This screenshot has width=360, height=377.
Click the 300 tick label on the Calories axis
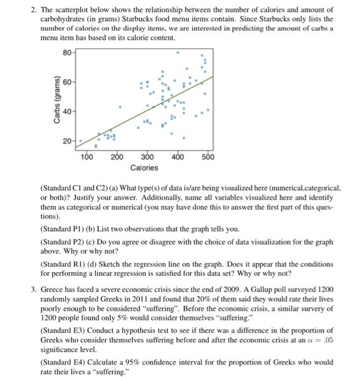(147, 157)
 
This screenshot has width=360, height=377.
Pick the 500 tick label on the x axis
(208, 157)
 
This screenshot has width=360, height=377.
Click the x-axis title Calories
(144, 168)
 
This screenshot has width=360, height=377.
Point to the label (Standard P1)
(61, 229)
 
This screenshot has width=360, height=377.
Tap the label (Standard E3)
(61, 330)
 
